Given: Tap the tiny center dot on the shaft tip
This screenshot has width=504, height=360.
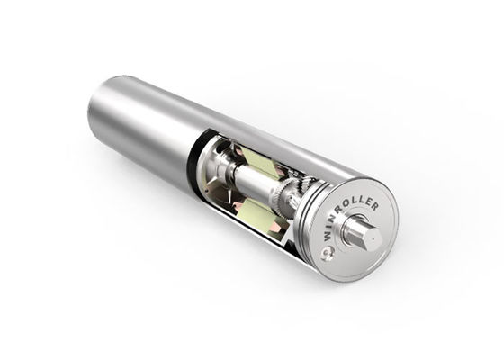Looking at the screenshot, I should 372,234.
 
